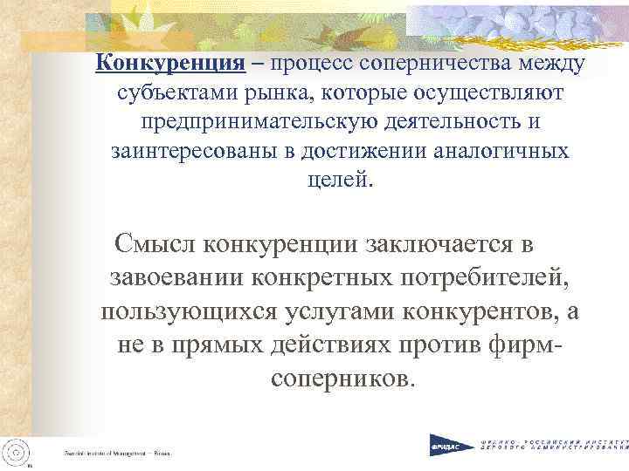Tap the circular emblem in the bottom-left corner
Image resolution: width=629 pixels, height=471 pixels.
click(18, 448)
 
